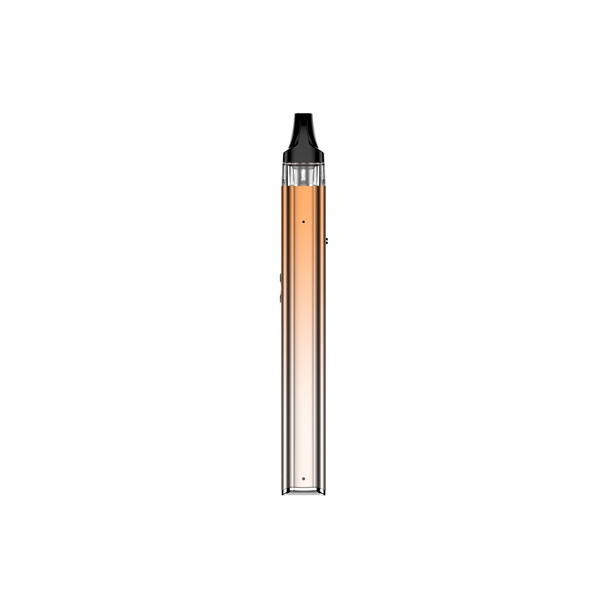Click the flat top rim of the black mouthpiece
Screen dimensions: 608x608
click(x=303, y=114)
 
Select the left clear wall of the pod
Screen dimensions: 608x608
click(x=284, y=176)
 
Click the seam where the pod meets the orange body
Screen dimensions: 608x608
click(x=303, y=186)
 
